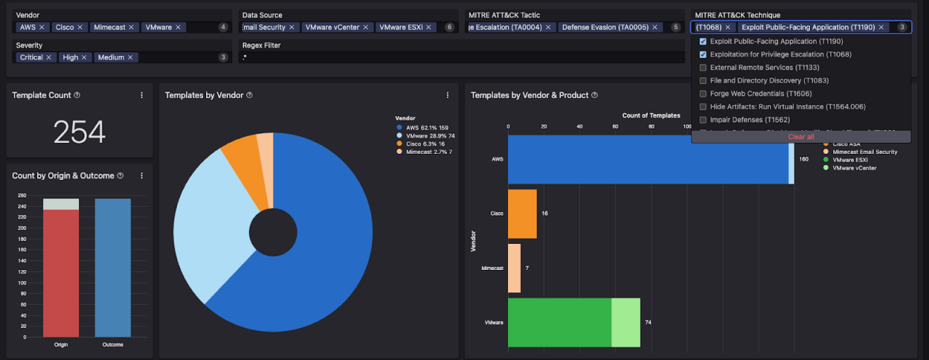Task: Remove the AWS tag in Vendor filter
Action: tap(41, 28)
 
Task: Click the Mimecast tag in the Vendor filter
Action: tap(109, 28)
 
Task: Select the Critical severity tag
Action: tap(31, 57)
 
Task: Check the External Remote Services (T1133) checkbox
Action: tap(703, 67)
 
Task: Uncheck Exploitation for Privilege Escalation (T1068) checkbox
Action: tap(703, 54)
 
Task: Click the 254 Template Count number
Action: tap(79, 132)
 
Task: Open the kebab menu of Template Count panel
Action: tap(142, 95)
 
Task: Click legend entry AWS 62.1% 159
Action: tap(426, 128)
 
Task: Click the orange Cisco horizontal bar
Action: tap(522, 214)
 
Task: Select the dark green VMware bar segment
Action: tap(559, 322)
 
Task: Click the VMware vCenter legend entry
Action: tap(854, 168)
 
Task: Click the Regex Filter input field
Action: tap(462, 57)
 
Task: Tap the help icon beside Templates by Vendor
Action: tap(249, 95)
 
